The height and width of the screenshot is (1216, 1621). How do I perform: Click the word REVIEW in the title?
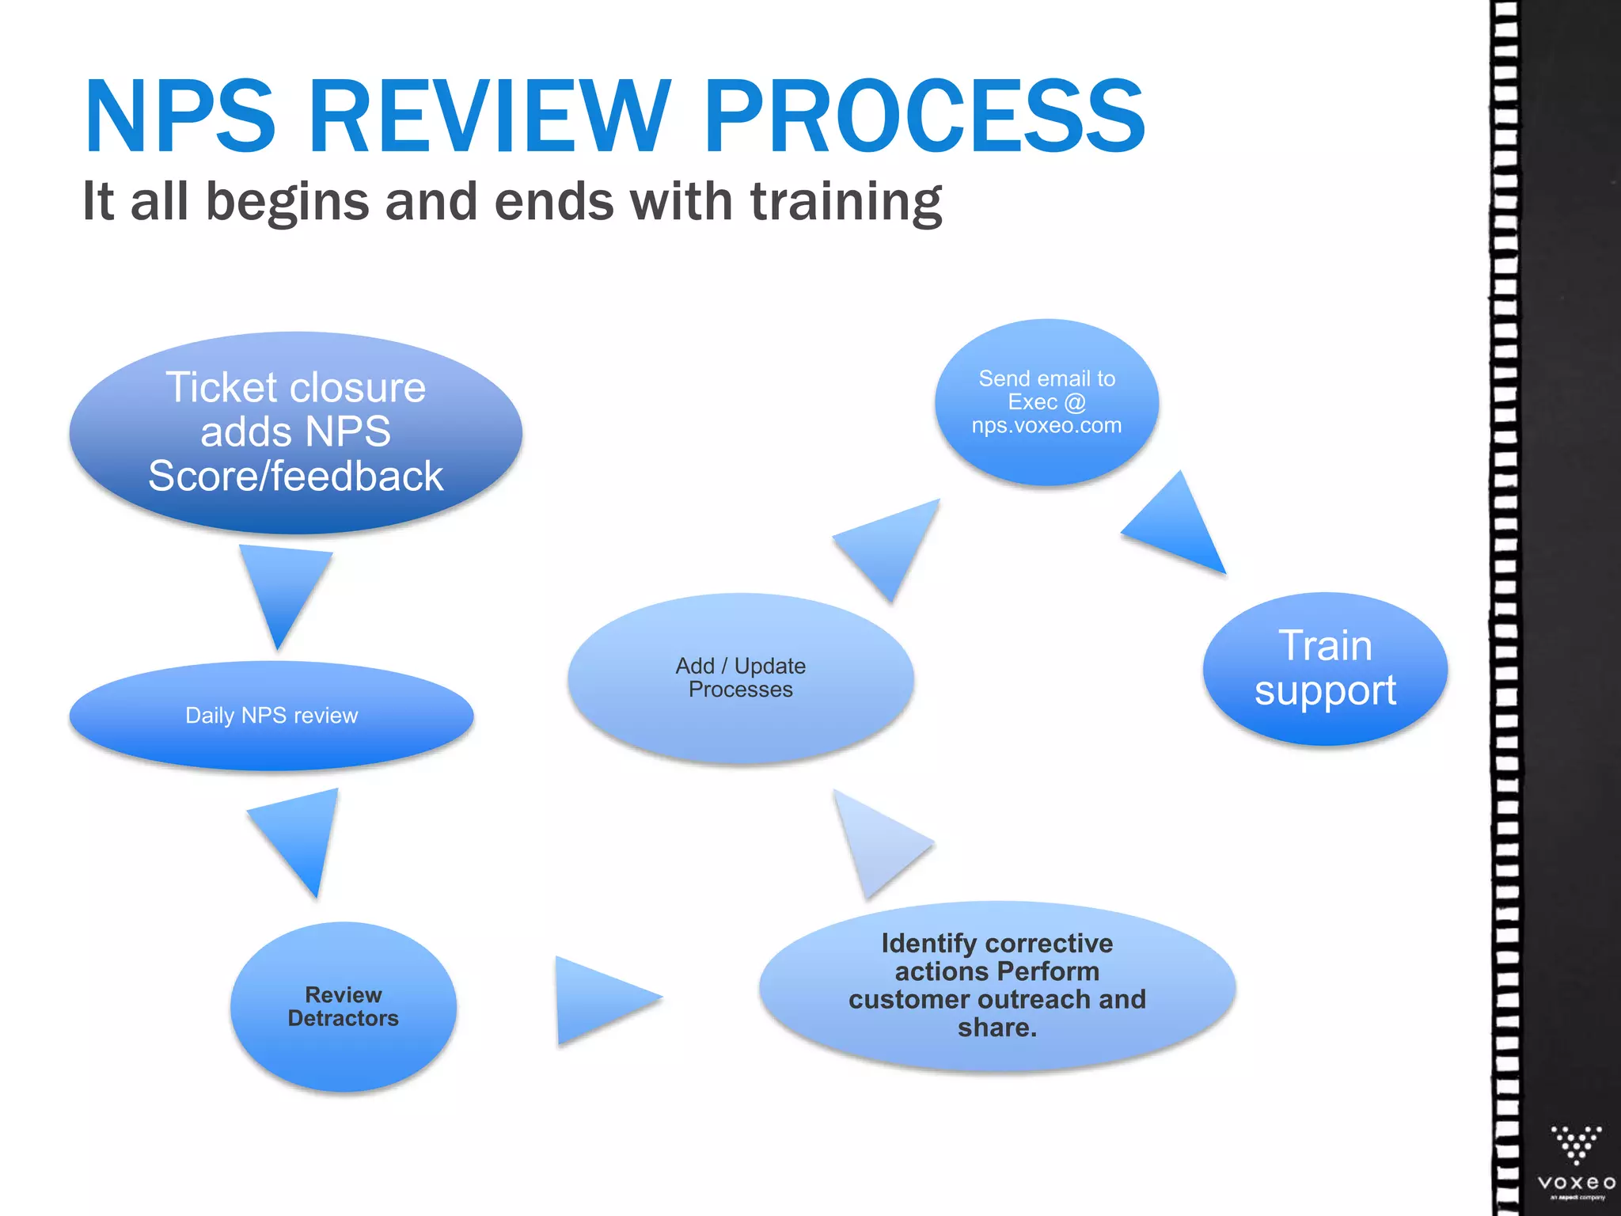pos(489,116)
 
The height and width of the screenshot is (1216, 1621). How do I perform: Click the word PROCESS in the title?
pos(924,116)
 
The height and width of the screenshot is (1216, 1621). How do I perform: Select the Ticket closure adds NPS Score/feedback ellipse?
pos(295,432)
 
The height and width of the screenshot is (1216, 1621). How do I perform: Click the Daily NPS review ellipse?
pos(271,716)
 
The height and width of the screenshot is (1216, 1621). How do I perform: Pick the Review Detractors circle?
pos(343,1007)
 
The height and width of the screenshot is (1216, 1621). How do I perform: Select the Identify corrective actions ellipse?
pos(997,986)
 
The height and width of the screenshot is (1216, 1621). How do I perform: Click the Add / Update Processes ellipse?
pos(740,678)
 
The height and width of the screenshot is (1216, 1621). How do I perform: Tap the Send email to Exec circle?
pos(1046,402)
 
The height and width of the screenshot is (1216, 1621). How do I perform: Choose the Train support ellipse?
pos(1325,669)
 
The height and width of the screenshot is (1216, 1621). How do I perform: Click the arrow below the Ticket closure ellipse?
pos(283,586)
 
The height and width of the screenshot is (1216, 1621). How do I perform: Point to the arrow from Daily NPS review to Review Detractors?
pos(302,835)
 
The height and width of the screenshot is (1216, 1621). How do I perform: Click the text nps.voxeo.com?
pos(1046,426)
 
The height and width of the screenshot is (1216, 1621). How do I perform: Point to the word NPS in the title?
pos(180,116)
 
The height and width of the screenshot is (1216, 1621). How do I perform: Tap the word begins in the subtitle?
pos(287,202)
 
